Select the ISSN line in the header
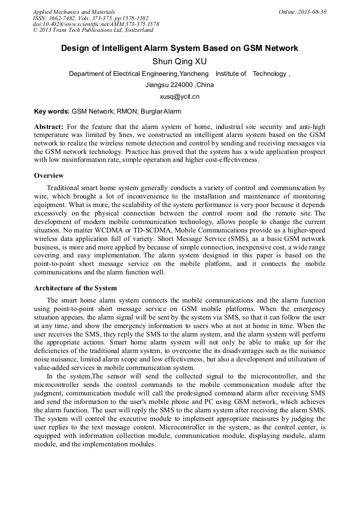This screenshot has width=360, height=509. pos(90,18)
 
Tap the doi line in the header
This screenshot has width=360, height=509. pos(96,24)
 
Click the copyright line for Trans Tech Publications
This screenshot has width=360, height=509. pos(93,30)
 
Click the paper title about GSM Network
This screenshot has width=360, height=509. pos(179,49)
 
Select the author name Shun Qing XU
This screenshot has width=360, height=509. pos(179,62)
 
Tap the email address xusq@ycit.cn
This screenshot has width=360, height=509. pos(179,97)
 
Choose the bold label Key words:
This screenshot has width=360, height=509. pos(52,111)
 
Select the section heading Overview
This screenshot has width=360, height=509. pos(49,176)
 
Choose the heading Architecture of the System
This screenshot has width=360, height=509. pos(75,288)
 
